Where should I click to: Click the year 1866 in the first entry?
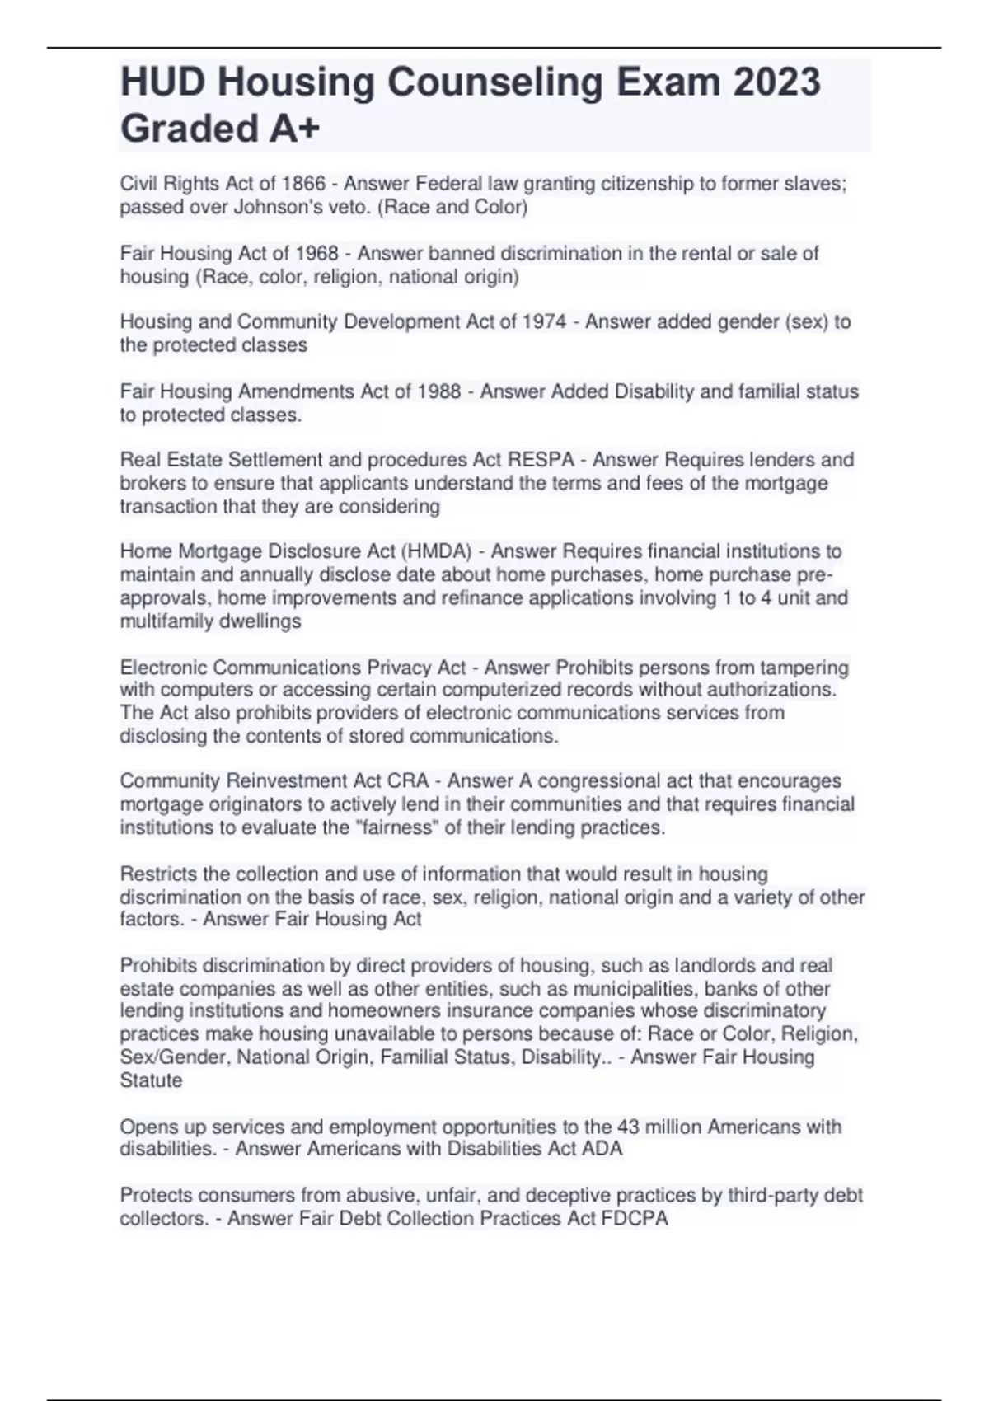(303, 184)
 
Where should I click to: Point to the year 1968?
(316, 253)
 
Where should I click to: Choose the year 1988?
(438, 391)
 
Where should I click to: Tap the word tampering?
(804, 667)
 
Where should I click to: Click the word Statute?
(151, 1080)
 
